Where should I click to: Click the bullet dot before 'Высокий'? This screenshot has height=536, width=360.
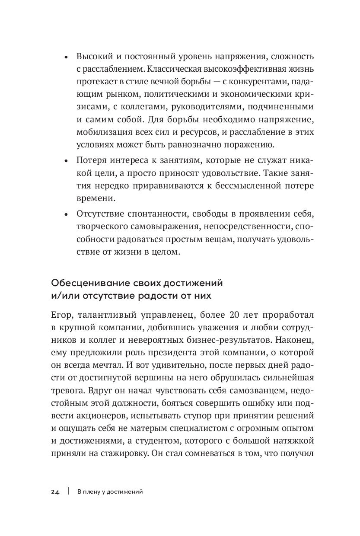click(x=66, y=57)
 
